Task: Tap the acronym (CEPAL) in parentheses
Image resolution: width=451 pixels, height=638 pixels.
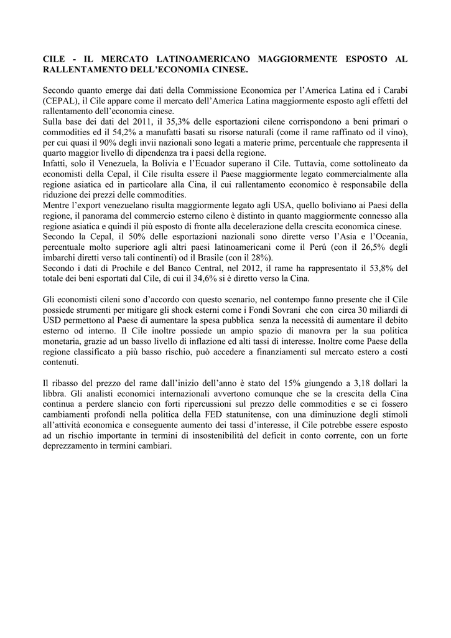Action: pyautogui.click(x=61, y=100)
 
